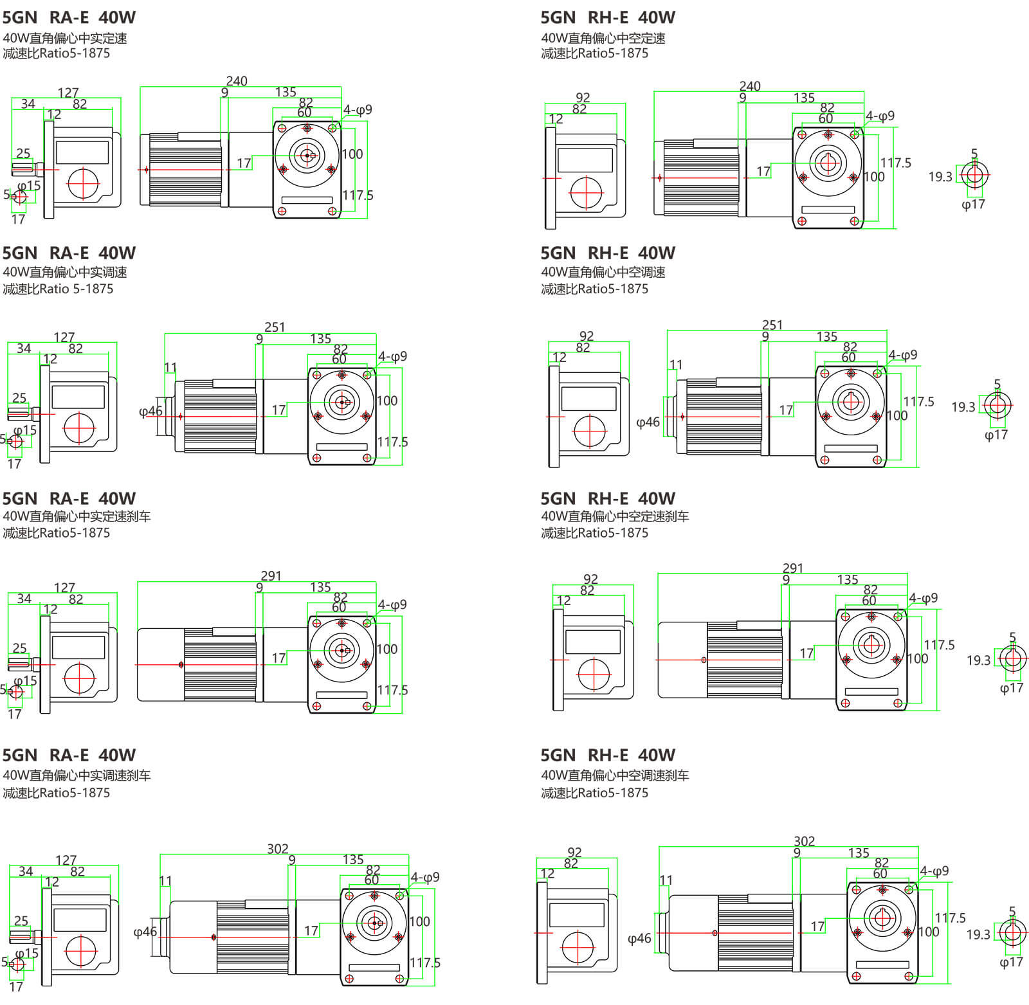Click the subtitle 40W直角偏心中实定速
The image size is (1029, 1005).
65,38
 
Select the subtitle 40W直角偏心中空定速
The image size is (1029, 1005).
603,38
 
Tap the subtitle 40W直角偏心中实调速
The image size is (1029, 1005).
65,272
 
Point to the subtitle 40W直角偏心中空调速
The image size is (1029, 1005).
603,272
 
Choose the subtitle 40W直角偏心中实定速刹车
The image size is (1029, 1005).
77,516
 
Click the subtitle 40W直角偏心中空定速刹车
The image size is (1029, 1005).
615,516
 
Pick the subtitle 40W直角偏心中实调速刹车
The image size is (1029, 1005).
77,775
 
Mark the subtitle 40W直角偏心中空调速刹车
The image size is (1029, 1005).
615,775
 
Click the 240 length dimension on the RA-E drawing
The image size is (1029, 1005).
237,81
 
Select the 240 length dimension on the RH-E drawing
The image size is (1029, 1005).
750,86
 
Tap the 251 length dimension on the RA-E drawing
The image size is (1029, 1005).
275,327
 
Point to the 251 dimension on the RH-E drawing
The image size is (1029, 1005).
772,325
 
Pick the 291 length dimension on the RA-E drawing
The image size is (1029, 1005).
271,575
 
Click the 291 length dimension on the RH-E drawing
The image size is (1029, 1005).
793,568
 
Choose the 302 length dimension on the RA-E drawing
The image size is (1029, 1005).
278,849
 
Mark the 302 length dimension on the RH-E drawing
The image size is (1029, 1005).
805,841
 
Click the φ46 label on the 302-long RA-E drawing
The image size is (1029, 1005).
145,932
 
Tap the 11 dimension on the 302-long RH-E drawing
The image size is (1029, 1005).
666,880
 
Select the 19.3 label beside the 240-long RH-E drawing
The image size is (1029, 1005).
940,177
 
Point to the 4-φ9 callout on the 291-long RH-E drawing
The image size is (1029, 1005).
924,598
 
